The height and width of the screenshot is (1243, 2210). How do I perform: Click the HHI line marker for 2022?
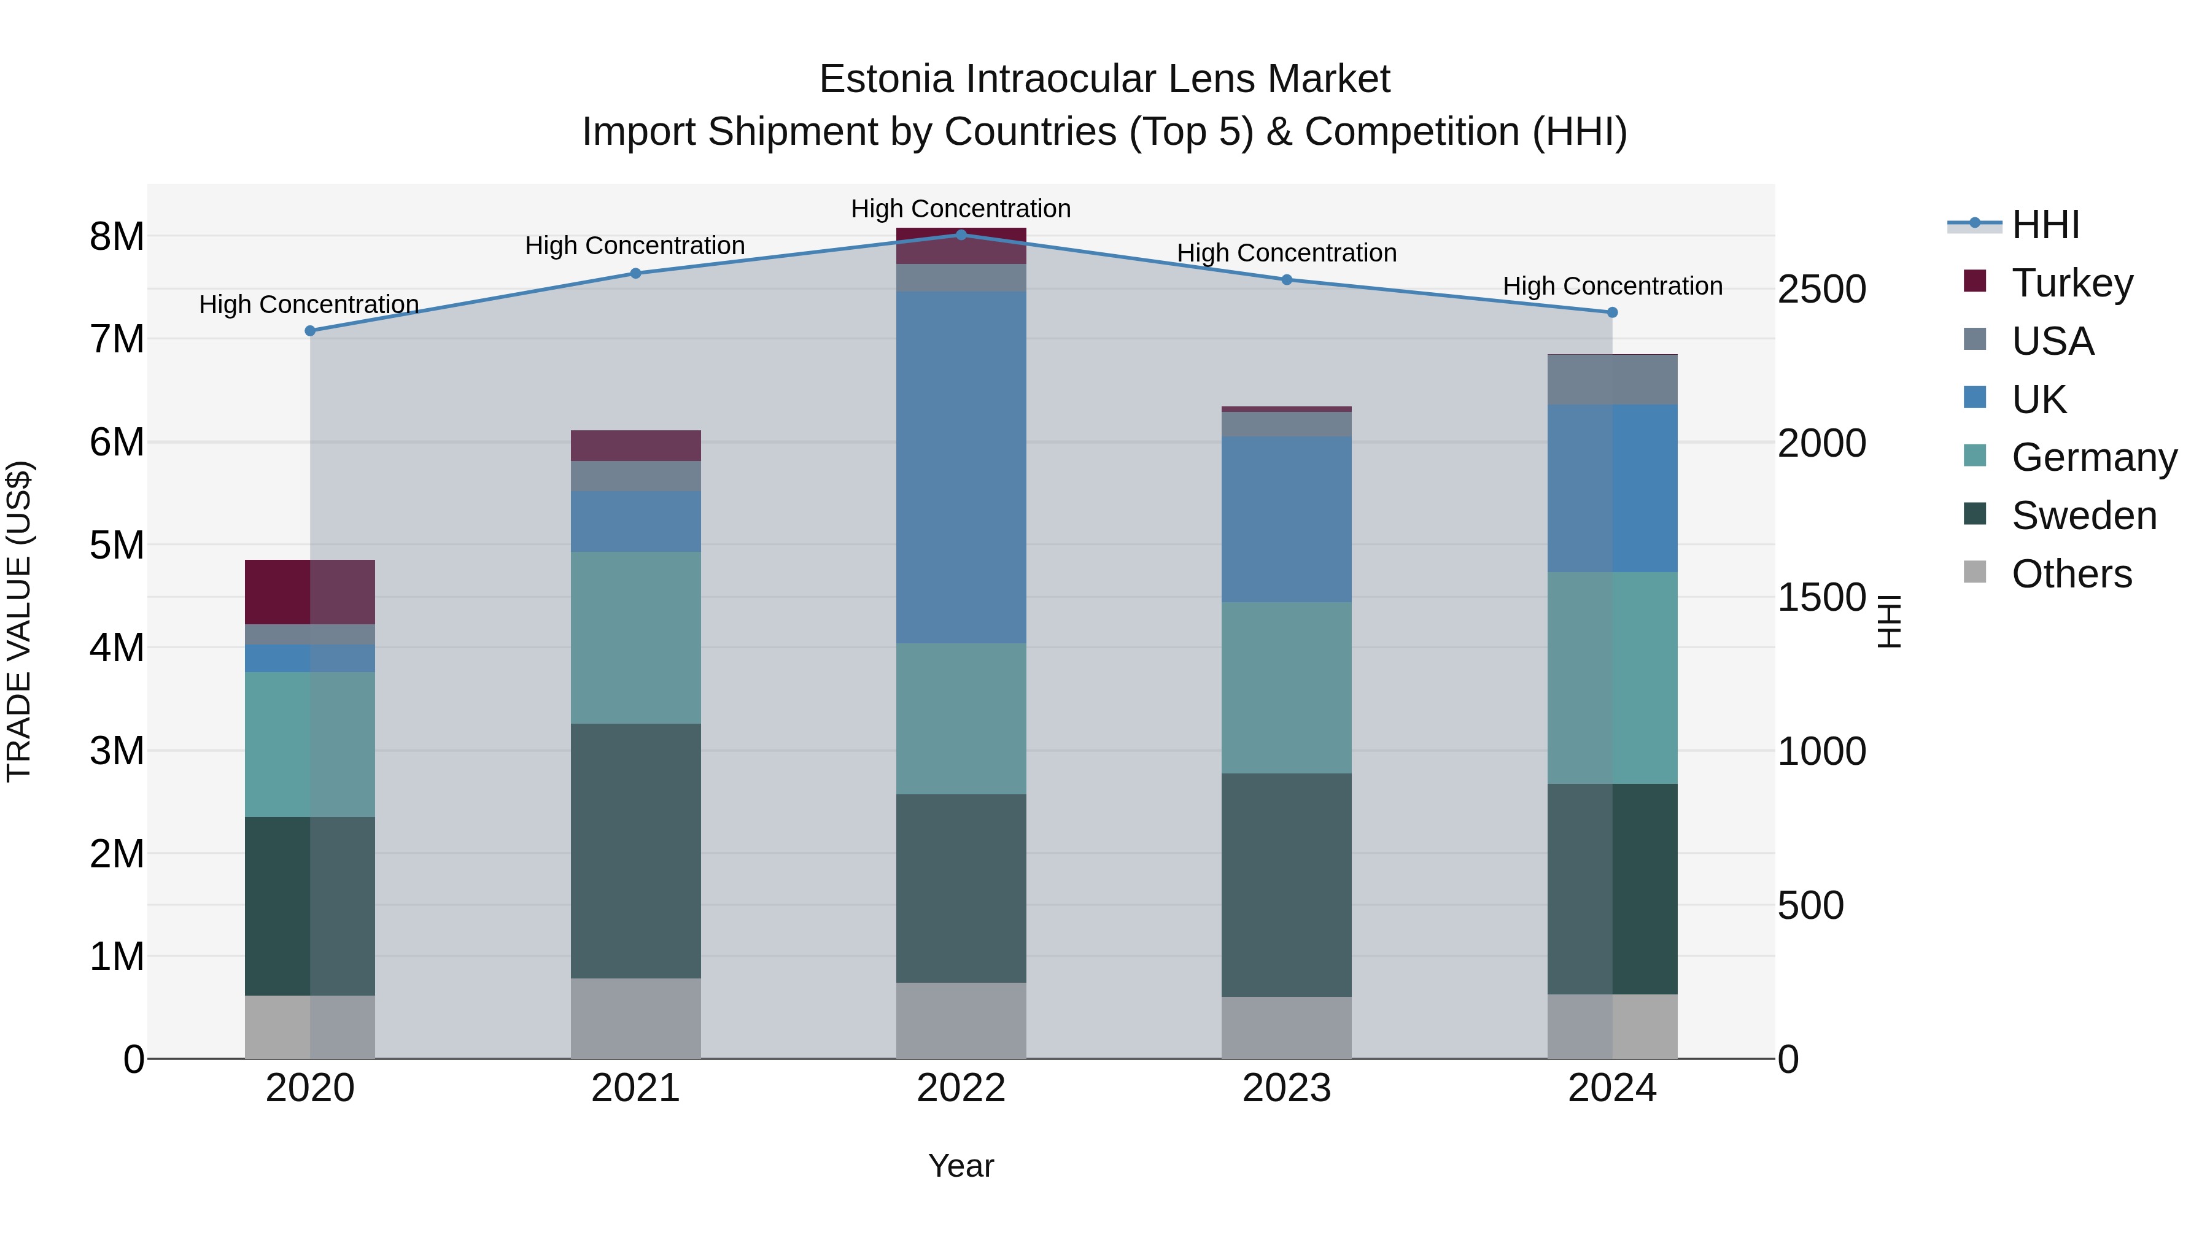961,234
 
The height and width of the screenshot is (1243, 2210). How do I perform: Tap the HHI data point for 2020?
311,330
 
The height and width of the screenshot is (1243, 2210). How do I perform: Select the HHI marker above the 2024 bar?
1612,312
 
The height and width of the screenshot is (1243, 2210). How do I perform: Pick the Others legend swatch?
1975,572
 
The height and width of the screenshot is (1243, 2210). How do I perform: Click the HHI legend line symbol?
1974,224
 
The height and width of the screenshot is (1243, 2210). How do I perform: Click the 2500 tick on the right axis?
1821,289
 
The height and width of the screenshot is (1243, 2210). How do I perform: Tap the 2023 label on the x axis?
1286,1088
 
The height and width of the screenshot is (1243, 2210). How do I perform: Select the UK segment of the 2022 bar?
961,468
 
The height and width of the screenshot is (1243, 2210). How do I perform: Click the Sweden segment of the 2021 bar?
636,850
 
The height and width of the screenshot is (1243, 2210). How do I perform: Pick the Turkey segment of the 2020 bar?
310,592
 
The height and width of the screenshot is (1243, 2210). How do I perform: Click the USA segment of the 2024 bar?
1612,380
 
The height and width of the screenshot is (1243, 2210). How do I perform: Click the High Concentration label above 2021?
635,246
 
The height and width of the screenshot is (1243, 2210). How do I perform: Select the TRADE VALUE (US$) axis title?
19,621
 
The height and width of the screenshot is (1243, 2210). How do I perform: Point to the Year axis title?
961,1166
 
